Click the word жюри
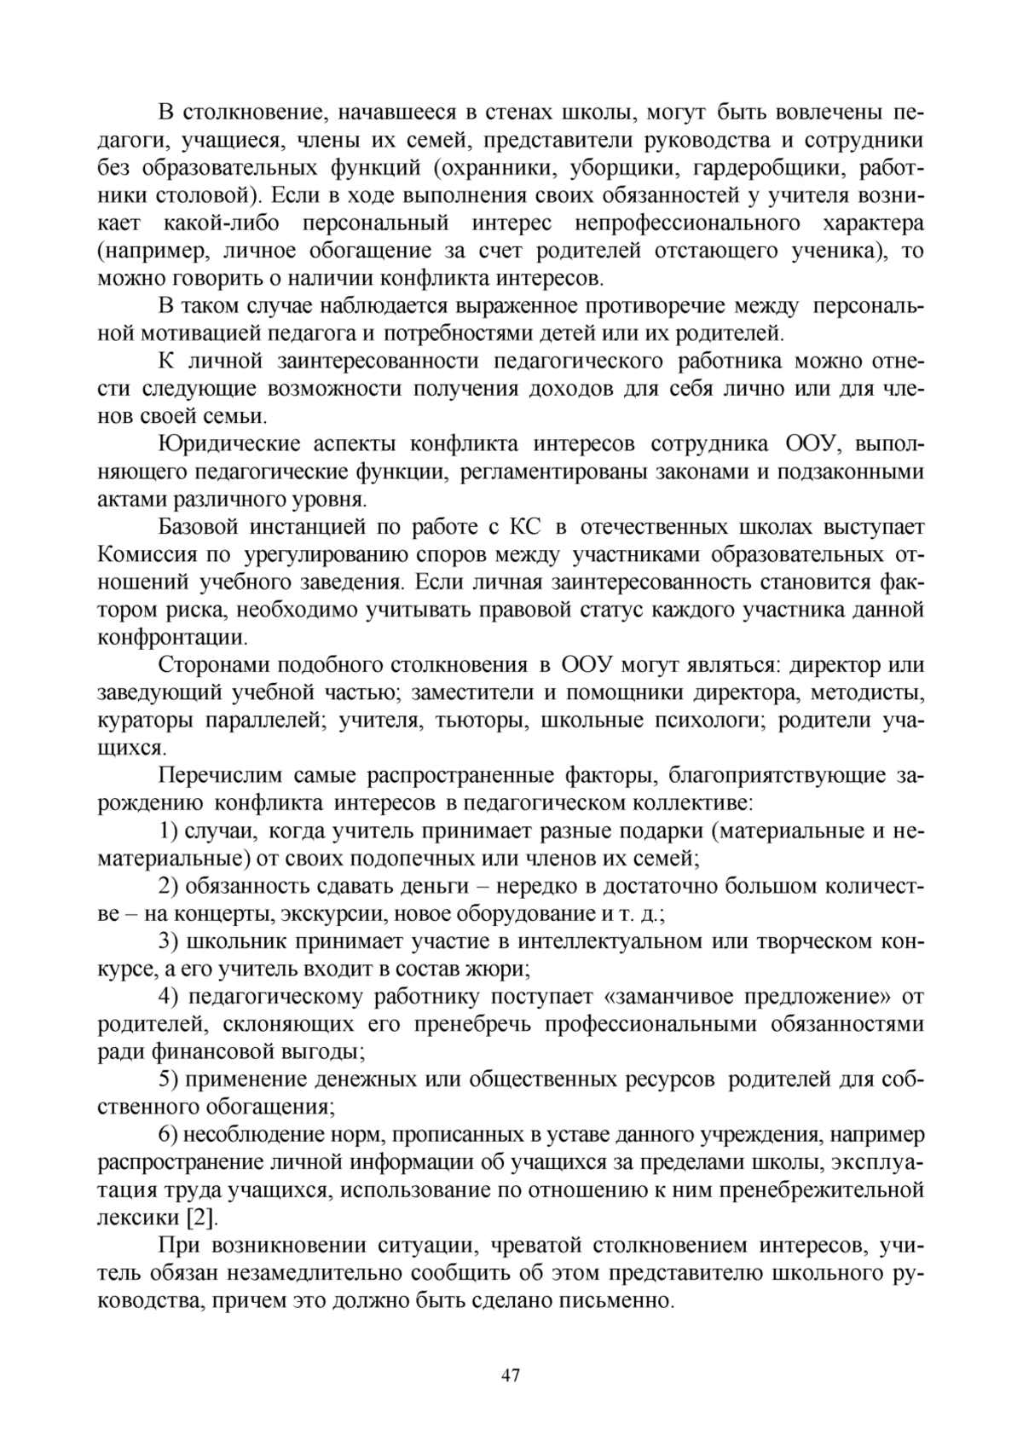(504, 969)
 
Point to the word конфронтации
(173, 638)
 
